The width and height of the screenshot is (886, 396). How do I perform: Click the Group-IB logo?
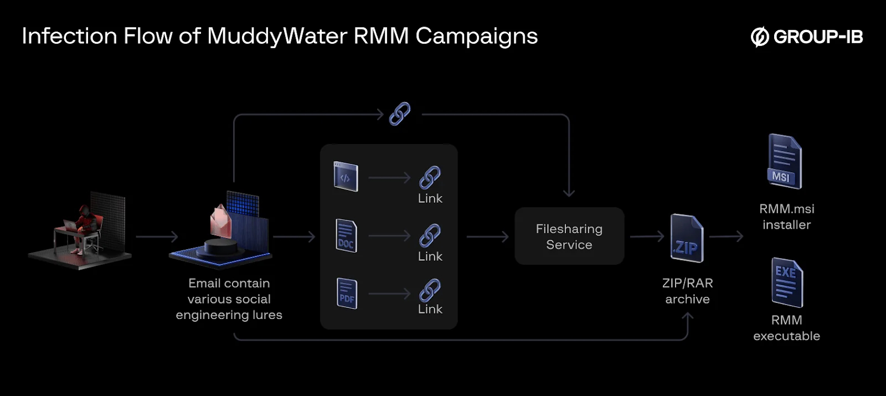pos(806,37)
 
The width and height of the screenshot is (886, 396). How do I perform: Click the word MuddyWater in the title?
pos(277,37)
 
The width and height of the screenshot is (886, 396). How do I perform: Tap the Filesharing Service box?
pos(569,236)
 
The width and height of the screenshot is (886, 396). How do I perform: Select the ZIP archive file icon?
pos(687,238)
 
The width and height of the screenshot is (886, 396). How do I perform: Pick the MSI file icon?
pos(784,162)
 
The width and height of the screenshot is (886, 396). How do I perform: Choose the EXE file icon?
pos(787,282)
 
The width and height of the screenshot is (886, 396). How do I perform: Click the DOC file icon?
pos(346,236)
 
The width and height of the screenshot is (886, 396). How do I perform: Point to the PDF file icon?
pos(347,294)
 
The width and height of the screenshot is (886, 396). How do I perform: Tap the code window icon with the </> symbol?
pos(346,177)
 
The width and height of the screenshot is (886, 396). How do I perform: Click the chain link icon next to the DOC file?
pos(430,235)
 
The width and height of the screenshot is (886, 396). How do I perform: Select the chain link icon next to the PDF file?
pos(430,290)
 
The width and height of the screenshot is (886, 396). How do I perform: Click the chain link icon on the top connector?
pos(400,114)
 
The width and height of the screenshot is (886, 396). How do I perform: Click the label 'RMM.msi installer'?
pos(786,217)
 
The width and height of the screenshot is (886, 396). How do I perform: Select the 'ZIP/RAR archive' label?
pos(687,291)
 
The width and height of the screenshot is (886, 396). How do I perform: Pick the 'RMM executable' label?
pos(786,328)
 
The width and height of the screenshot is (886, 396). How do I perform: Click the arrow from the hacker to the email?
pos(157,237)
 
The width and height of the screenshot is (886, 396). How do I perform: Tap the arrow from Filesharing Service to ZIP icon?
pos(647,236)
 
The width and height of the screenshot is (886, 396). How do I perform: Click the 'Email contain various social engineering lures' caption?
pos(229,299)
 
